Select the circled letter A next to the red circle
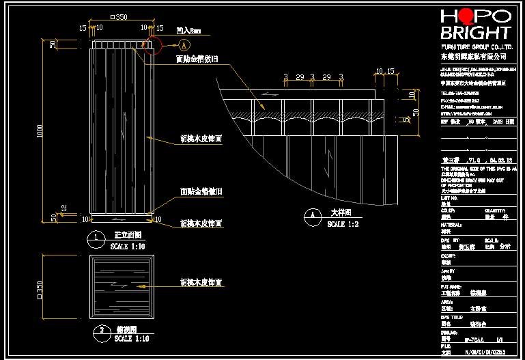[x=184, y=45]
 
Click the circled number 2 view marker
[x=101, y=330]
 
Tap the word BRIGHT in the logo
[x=476, y=32]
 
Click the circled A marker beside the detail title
[x=312, y=216]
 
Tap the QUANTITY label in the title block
[x=494, y=210]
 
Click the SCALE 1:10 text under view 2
[x=131, y=338]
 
